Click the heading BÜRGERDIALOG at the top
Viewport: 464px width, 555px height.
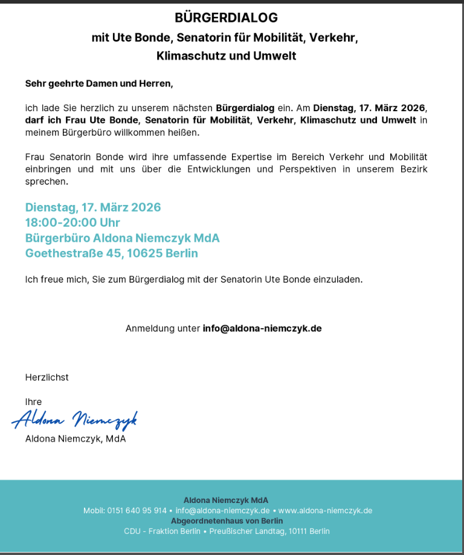coord(226,18)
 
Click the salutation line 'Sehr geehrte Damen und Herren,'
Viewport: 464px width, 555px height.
coord(99,83)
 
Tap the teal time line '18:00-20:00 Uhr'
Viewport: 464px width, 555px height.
coord(72,222)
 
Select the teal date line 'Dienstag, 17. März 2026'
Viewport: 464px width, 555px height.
coord(93,207)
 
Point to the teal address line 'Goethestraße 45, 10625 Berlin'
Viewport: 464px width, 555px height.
coord(111,253)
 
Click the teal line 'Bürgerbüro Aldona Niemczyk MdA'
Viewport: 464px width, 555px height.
coord(122,238)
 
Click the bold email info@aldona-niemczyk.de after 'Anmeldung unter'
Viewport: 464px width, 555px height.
coord(262,328)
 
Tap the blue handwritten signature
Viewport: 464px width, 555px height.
coord(75,418)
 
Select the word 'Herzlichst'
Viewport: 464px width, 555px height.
coord(47,377)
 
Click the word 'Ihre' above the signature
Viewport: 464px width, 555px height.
coord(33,401)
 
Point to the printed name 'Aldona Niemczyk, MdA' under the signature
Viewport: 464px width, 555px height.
coord(76,438)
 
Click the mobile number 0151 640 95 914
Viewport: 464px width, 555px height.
coord(137,510)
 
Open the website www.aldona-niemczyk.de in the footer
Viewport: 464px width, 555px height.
coord(325,510)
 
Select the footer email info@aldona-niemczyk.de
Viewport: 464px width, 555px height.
coord(222,510)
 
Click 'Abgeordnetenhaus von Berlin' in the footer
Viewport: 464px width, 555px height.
coord(227,521)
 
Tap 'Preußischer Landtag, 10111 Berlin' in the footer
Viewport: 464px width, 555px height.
coord(270,531)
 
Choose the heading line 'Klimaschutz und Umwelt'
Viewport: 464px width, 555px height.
coord(226,56)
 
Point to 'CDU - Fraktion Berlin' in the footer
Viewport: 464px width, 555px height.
coord(162,531)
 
